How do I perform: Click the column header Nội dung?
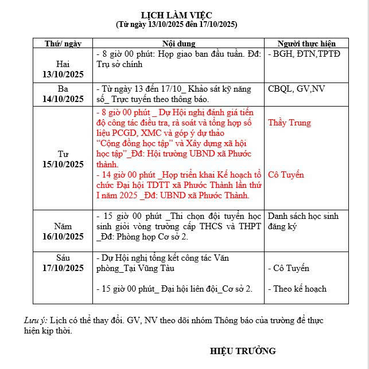point(178,44)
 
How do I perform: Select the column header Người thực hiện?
point(306,44)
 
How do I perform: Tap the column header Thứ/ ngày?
point(63,44)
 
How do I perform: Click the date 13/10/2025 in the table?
point(63,74)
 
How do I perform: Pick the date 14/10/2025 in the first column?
point(63,99)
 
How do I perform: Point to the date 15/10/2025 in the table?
point(63,164)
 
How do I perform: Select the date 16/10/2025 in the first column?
point(63,237)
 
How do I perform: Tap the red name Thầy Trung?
point(289,123)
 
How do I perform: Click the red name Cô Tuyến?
point(286,175)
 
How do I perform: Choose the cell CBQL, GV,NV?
point(296,89)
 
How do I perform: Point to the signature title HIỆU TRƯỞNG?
point(243,351)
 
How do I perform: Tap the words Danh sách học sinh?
point(303,216)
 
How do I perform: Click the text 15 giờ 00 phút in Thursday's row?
point(133,216)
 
